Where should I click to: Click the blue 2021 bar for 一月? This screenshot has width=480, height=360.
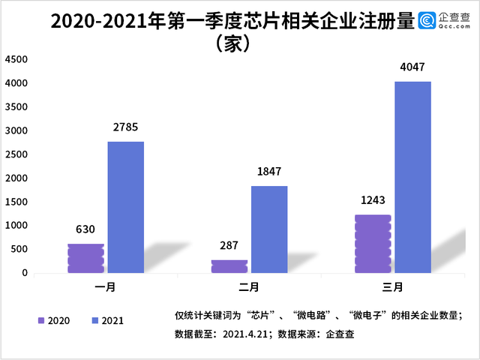click(126, 207)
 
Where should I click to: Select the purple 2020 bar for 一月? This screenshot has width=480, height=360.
click(85, 258)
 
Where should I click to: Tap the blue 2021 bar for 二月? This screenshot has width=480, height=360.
click(269, 229)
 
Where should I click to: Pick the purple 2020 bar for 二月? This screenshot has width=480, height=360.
click(229, 266)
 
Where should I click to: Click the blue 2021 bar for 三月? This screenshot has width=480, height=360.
click(413, 177)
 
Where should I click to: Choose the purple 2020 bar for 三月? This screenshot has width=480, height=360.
click(373, 244)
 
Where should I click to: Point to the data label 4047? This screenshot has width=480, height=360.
click(412, 67)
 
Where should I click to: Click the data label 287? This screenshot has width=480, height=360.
click(229, 245)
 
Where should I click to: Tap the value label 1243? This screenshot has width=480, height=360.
click(373, 200)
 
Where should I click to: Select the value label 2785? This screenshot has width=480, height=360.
click(125, 127)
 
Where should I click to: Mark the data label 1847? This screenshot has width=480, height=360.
click(269, 172)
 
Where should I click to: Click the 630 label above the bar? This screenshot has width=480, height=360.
click(85, 229)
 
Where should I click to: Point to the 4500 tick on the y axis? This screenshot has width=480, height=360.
click(16, 59)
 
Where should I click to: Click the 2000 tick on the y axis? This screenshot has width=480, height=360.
click(16, 178)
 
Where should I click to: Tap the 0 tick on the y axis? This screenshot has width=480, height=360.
click(25, 273)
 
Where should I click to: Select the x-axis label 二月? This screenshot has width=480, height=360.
click(248, 287)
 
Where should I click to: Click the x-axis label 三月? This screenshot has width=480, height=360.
click(392, 287)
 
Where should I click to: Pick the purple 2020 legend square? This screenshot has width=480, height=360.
click(41, 320)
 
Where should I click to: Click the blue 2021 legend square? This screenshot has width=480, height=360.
click(95, 320)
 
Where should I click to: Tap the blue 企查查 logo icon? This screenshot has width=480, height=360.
click(427, 20)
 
